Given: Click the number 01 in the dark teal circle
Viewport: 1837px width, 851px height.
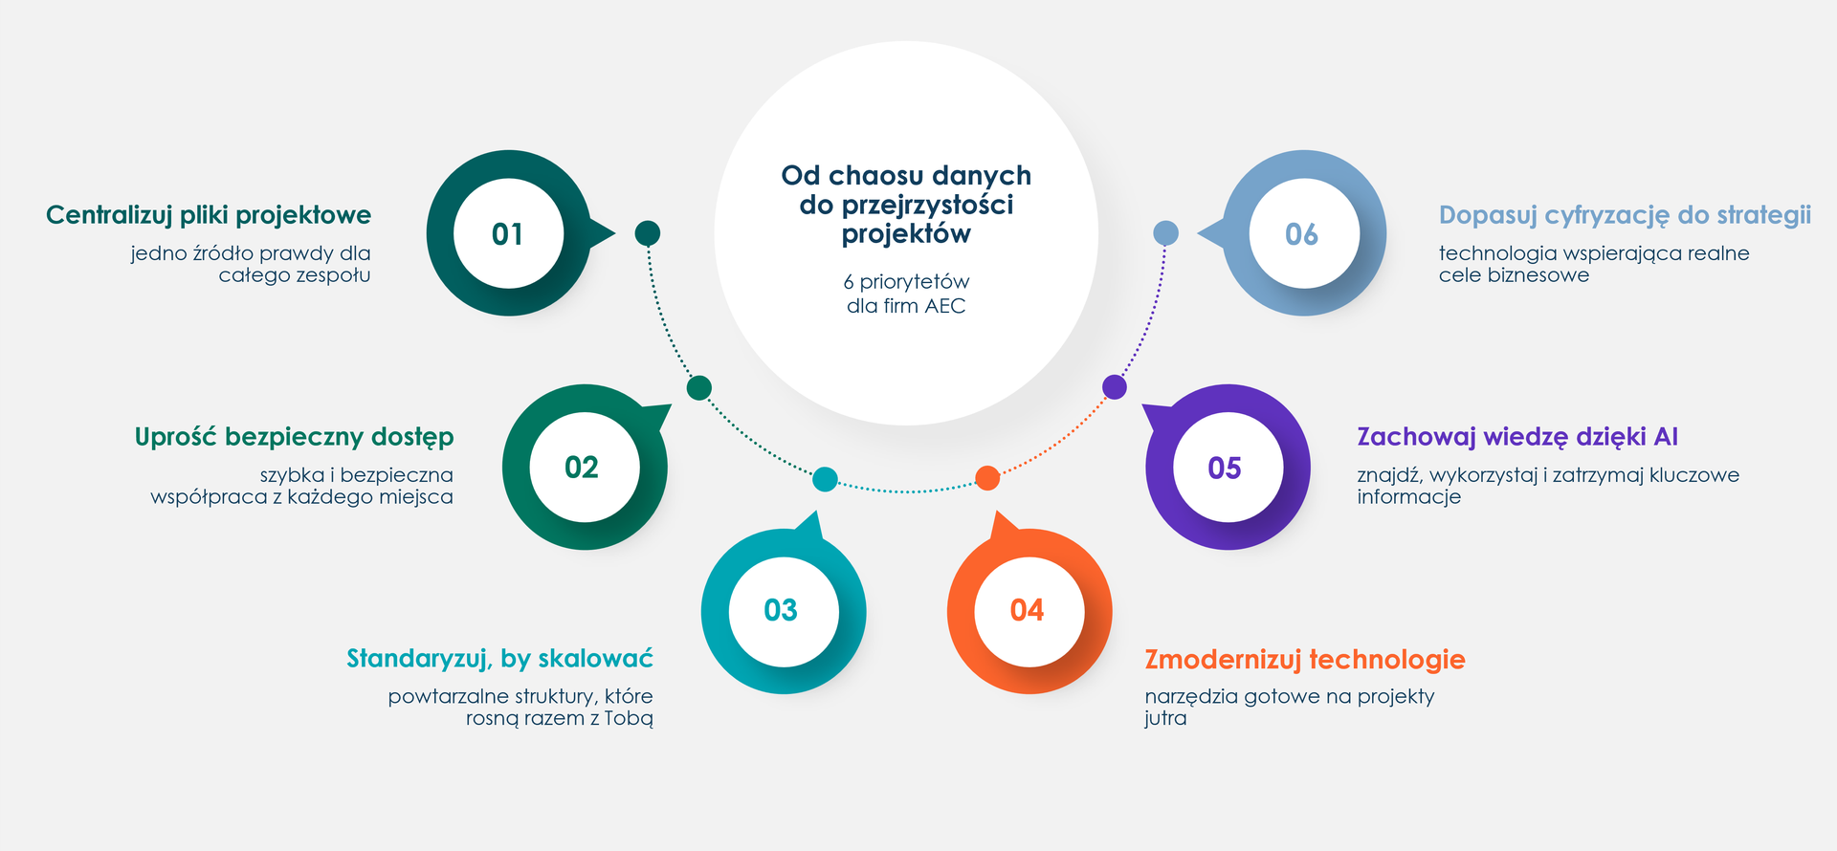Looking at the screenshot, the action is (507, 234).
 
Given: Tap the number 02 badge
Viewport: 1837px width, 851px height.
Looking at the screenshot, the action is (582, 468).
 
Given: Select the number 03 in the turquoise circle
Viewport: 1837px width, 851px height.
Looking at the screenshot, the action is (781, 610).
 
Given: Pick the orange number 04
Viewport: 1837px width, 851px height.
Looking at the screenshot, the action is (1027, 610).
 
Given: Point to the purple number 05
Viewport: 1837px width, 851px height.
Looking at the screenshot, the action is (1225, 468).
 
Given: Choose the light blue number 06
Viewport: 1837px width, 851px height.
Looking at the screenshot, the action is (1301, 234).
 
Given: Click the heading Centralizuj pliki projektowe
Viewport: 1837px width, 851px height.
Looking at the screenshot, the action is (209, 215).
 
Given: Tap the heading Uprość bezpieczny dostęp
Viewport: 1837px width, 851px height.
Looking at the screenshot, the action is (295, 437).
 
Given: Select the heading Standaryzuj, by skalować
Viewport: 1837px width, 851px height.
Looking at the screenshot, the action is (499, 658).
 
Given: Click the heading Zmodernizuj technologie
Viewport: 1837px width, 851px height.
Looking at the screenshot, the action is (1305, 659).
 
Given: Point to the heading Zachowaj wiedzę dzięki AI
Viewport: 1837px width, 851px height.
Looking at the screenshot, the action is (1517, 437).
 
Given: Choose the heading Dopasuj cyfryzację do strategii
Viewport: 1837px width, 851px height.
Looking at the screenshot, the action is (1625, 215).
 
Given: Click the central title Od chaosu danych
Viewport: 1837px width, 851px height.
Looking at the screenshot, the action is (906, 175).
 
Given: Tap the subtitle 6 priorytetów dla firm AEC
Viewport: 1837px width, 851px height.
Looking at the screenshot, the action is (906, 294).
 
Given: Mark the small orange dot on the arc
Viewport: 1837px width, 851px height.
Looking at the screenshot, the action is (987, 478).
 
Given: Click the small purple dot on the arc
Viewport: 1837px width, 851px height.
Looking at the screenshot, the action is (1115, 387).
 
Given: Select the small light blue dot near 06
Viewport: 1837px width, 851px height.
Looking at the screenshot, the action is (1165, 232).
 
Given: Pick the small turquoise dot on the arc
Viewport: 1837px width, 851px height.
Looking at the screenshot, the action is (825, 479).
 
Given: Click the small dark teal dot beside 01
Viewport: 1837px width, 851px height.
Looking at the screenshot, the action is (648, 232).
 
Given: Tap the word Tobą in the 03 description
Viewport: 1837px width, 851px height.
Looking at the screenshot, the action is (629, 719).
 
